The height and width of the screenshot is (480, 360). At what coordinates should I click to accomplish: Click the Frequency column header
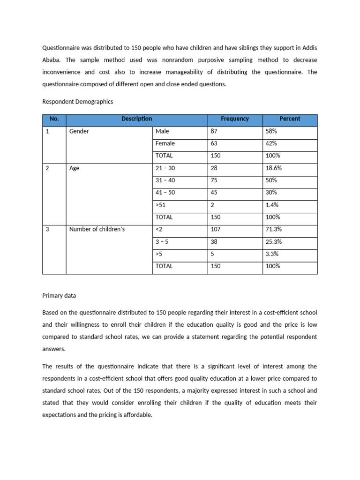pos(235,119)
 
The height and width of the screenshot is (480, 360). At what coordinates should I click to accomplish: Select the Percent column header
pos(290,119)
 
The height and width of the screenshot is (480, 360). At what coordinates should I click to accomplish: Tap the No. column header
pos(54,119)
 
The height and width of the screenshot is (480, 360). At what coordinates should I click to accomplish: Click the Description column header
pos(136,119)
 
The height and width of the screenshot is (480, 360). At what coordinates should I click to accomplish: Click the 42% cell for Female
pos(272,143)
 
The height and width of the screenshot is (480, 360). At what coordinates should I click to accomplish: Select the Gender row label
pos(79,132)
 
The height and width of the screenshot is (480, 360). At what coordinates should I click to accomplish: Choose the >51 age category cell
pos(160,205)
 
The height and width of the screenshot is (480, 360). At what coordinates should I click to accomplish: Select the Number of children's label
pos(97,229)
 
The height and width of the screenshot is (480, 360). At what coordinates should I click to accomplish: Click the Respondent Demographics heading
pos(78,102)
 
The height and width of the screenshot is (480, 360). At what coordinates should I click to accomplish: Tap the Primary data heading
pos(59,295)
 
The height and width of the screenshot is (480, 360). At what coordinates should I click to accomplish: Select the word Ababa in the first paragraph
pos(52,60)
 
